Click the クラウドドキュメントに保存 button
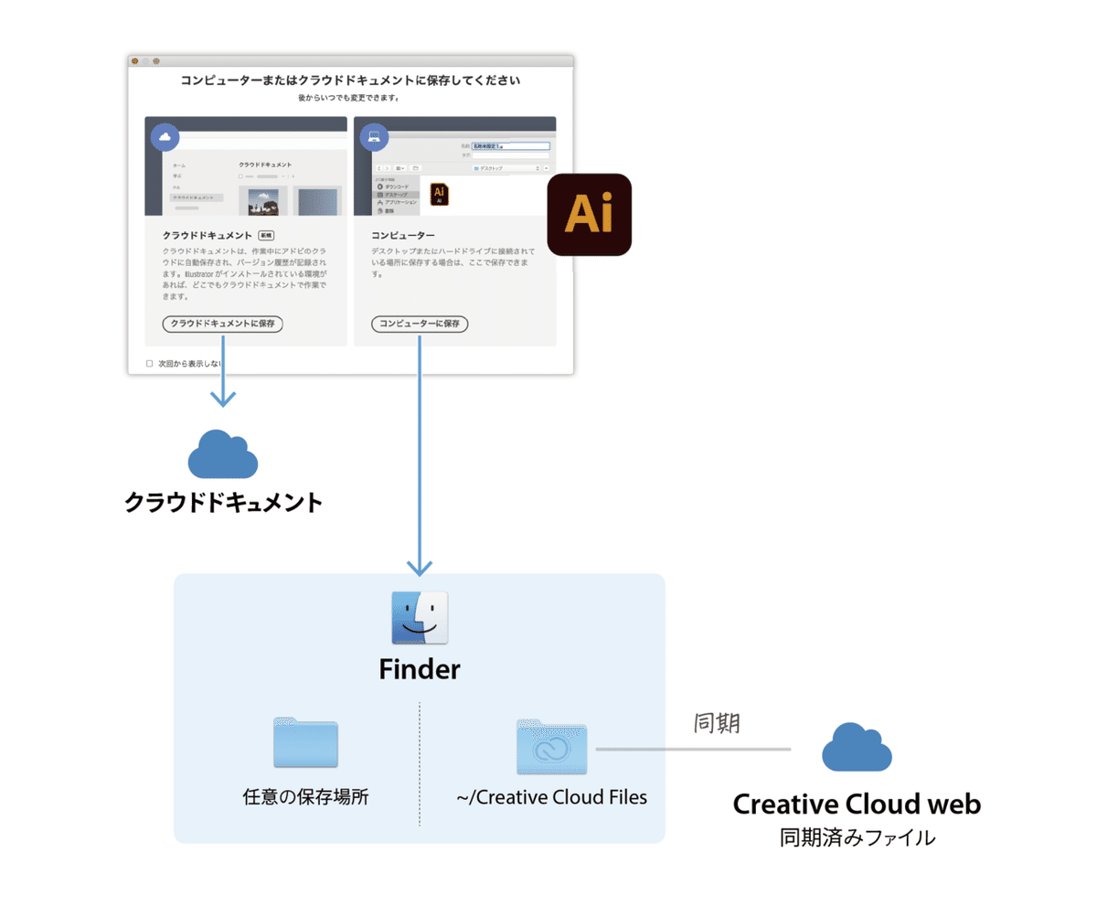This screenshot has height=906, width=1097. coord(222,324)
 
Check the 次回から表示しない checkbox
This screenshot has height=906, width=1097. coord(150,363)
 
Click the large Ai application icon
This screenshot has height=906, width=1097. coord(589,214)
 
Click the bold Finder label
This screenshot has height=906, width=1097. coord(420,670)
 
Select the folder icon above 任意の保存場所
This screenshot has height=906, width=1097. coord(305,742)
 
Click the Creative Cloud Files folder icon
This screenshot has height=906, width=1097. coord(552,746)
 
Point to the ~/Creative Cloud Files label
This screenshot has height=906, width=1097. coord(552,796)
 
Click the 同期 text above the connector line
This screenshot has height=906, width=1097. coord(716,723)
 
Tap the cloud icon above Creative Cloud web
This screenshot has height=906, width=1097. coord(857,748)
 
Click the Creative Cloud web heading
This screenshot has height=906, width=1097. coord(857,805)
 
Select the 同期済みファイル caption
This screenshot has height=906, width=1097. coord(857,837)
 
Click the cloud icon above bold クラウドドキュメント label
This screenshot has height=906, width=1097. coord(222,454)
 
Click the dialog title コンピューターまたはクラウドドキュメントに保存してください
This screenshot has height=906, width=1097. coord(351,81)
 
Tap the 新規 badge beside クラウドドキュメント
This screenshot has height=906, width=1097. coord(266,235)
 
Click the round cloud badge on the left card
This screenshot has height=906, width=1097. coord(165,137)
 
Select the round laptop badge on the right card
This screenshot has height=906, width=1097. coord(373,137)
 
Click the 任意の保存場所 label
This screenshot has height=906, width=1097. coord(305,796)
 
